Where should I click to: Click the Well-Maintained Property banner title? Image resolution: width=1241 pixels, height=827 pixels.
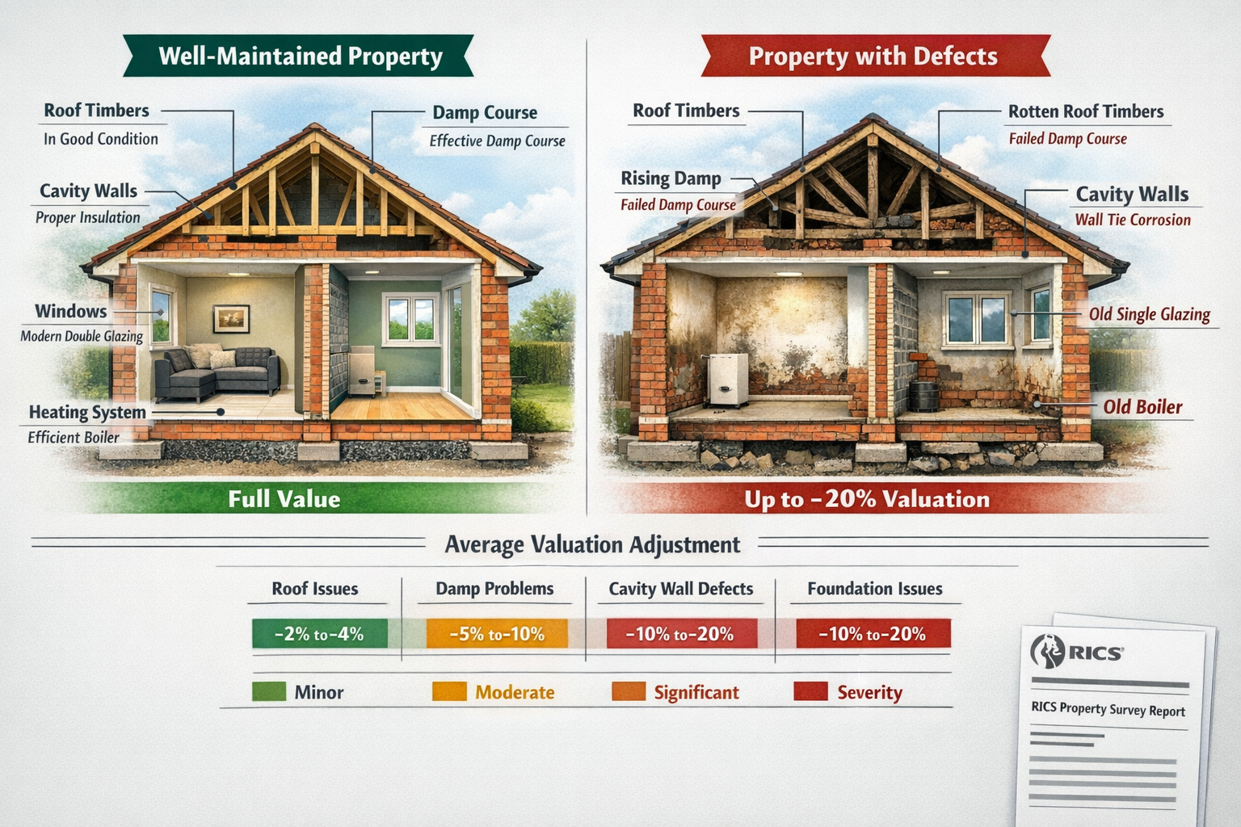pyautogui.click(x=301, y=56)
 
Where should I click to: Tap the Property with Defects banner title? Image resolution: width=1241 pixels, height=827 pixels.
pyautogui.click(x=873, y=56)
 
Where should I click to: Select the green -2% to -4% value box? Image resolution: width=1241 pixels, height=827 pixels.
pyautogui.click(x=319, y=634)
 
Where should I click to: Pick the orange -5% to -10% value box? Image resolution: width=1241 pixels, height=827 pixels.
pyautogui.click(x=497, y=634)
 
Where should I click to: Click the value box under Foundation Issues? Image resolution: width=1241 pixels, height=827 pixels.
pyautogui.click(x=873, y=634)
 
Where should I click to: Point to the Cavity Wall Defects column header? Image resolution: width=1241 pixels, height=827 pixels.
pyautogui.click(x=680, y=589)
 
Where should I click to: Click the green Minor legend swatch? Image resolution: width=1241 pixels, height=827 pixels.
pyautogui.click(x=269, y=692)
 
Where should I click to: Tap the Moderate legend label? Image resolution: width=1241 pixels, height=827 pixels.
pyautogui.click(x=515, y=692)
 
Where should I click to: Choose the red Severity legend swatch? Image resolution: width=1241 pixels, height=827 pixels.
pyautogui.click(x=810, y=691)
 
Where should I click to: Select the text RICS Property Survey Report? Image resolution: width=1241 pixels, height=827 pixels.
pyautogui.click(x=1108, y=709)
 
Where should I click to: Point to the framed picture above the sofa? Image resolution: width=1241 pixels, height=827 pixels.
pyautogui.click(x=231, y=319)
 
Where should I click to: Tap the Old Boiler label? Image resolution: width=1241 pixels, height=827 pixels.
pyautogui.click(x=1142, y=407)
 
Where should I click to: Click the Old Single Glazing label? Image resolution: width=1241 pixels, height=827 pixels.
pyautogui.click(x=1149, y=314)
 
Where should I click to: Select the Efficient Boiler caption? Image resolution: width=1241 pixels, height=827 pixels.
pyautogui.click(x=74, y=438)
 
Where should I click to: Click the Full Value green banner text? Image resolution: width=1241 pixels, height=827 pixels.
pyautogui.click(x=284, y=498)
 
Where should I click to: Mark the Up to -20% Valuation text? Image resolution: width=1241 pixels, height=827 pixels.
pyautogui.click(x=867, y=499)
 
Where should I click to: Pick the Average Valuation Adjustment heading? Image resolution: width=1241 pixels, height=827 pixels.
pyautogui.click(x=592, y=544)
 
